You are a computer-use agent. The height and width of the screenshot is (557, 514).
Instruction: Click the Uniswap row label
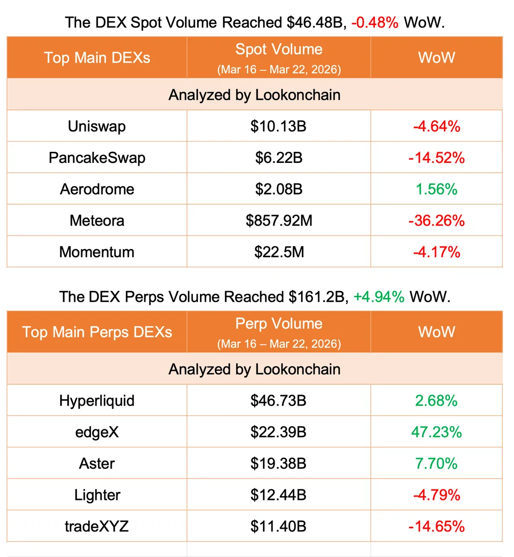click(96, 126)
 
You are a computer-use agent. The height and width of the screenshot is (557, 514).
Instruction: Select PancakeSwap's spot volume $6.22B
click(279, 158)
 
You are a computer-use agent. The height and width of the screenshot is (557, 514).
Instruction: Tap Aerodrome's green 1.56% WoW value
click(436, 189)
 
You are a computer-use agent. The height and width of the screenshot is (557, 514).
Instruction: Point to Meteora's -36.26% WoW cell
click(436, 220)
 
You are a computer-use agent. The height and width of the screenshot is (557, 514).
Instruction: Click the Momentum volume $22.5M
click(279, 252)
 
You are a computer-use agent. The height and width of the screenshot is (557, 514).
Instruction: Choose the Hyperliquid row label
click(96, 401)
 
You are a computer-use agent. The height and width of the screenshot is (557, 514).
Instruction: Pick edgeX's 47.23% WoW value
click(436, 432)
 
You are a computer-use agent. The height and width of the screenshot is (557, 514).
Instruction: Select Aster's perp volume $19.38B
click(278, 464)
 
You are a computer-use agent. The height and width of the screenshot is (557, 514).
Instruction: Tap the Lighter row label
click(97, 495)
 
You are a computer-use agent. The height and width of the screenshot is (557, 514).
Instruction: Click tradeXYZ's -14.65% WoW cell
click(436, 526)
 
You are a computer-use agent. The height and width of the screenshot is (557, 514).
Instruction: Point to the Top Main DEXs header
click(97, 58)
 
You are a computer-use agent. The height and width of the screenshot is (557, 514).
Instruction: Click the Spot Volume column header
click(279, 50)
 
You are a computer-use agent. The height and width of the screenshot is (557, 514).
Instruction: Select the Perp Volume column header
click(279, 324)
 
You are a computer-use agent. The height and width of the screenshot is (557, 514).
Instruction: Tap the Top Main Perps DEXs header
click(97, 332)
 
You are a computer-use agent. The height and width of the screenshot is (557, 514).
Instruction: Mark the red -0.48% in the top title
click(374, 22)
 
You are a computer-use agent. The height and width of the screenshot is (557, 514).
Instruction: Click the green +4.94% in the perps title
click(379, 297)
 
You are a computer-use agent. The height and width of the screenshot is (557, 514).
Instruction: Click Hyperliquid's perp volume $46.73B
click(278, 401)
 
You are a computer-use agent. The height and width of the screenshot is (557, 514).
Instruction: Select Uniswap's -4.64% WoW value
click(436, 126)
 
